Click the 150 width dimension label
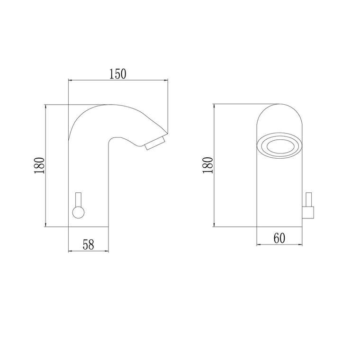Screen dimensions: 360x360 (117, 74)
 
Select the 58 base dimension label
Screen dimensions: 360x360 (89, 244)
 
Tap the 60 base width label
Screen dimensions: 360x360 (279, 238)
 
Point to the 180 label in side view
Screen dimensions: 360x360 (39, 165)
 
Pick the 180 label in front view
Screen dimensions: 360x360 (208, 165)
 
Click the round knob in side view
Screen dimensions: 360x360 (79, 212)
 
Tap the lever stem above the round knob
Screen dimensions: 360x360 (79, 199)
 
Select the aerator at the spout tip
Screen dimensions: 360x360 (155, 143)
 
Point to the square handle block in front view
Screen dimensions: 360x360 (308, 212)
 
